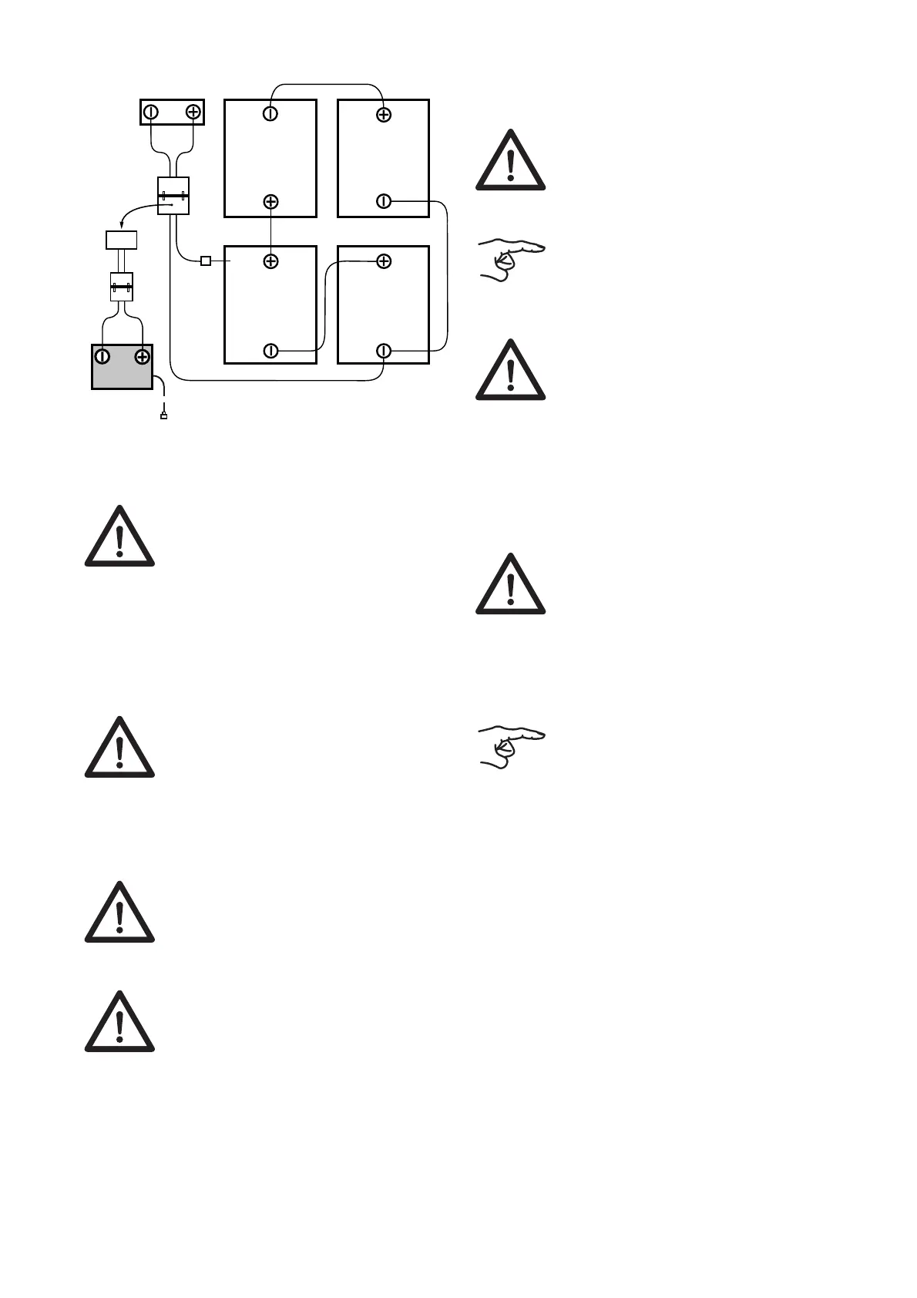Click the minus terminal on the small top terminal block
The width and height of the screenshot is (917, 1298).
(151, 112)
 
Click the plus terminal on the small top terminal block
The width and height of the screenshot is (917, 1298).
(193, 112)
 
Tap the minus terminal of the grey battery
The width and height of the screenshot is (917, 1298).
(102, 356)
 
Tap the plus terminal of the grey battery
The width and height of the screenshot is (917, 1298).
(142, 356)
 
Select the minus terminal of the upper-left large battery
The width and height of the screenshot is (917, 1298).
(270, 114)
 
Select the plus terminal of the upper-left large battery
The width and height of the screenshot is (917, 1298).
(270, 202)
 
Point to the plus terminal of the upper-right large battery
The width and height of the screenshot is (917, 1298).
(383, 115)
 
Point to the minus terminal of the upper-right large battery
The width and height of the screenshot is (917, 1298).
(383, 202)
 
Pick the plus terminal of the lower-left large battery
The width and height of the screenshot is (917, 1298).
(270, 261)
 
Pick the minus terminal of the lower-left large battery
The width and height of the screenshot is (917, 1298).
(270, 351)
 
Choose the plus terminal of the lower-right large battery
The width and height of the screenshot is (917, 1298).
(383, 261)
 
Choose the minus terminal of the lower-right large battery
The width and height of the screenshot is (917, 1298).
(383, 351)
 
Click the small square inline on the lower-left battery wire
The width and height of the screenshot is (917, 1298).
(206, 261)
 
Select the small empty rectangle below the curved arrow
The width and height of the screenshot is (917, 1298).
(121, 240)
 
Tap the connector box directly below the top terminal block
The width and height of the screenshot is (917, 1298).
(173, 196)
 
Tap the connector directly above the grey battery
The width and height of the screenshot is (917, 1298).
(122, 287)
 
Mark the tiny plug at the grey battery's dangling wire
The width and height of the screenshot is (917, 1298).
(163, 416)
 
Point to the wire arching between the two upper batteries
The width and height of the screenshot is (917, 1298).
(327, 83)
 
